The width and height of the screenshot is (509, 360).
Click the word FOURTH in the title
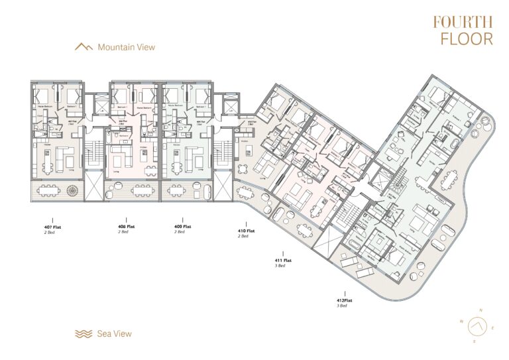pos(463,22)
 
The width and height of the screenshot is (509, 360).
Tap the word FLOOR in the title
pos(467,38)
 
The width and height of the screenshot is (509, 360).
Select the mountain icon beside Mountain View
pos(84,47)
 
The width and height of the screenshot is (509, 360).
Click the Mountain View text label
pos(126,47)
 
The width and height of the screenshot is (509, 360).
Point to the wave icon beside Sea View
pos(84,333)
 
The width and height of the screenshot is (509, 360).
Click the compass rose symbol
pos(474,326)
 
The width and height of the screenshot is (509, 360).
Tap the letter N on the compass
pos(482,311)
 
